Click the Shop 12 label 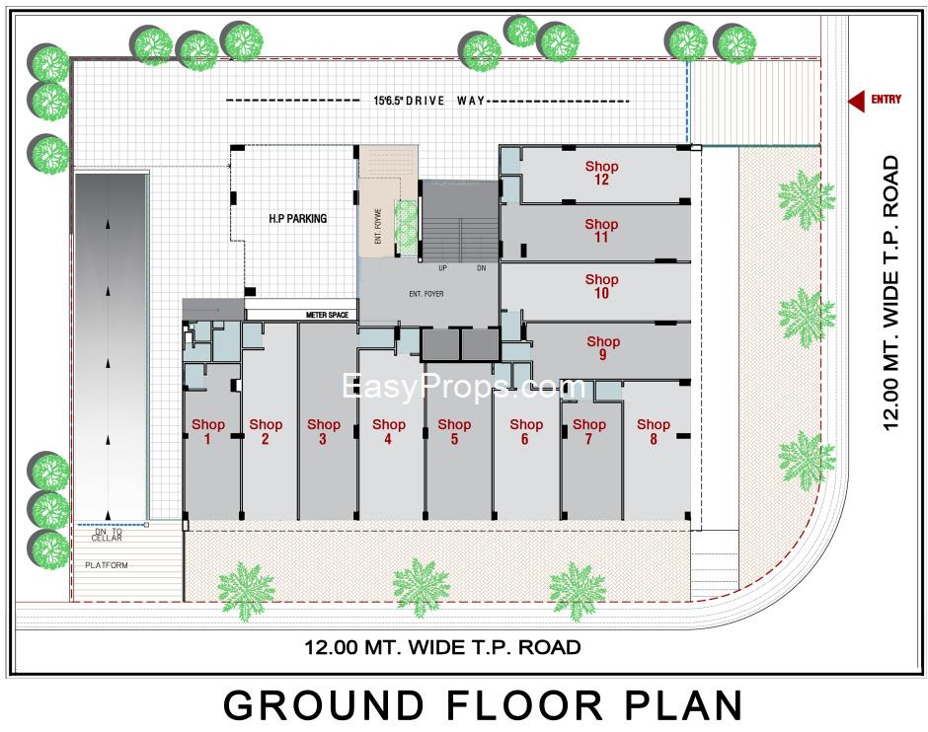pos(601,173)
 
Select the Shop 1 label pos(208,432)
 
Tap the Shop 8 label pos(653,432)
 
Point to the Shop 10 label pos(601,286)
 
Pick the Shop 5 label pos(454,432)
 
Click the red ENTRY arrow pos(857,100)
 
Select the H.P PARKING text pos(297,218)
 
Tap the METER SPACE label pos(329,315)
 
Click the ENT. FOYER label pos(427,294)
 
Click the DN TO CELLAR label pos(107,535)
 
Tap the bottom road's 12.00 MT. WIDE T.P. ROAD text pos(441,648)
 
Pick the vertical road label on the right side pos(891,292)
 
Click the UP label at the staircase pos(443,268)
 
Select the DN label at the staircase pos(481,268)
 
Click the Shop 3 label pos(323,432)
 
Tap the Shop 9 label pos(601,348)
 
